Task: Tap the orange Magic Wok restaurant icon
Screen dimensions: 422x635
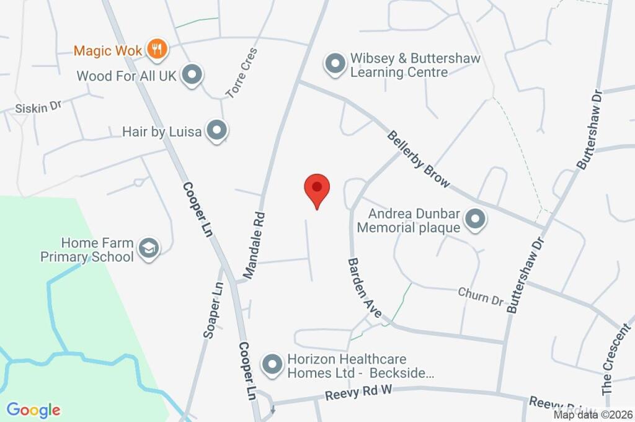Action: [157, 49]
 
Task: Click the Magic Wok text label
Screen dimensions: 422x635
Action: [109, 50]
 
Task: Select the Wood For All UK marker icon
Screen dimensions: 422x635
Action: [193, 75]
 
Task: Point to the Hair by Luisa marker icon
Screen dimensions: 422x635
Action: [217, 130]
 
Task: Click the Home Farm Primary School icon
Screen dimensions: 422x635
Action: [149, 248]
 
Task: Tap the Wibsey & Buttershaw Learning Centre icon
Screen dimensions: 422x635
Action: [335, 64]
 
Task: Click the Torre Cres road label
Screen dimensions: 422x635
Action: [241, 73]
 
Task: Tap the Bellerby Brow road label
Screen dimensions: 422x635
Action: [419, 159]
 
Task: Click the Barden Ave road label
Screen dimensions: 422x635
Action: [364, 288]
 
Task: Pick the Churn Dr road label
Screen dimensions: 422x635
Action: [481, 296]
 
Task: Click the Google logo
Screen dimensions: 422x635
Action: [33, 410]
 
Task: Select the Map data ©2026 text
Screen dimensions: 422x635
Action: [592, 415]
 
